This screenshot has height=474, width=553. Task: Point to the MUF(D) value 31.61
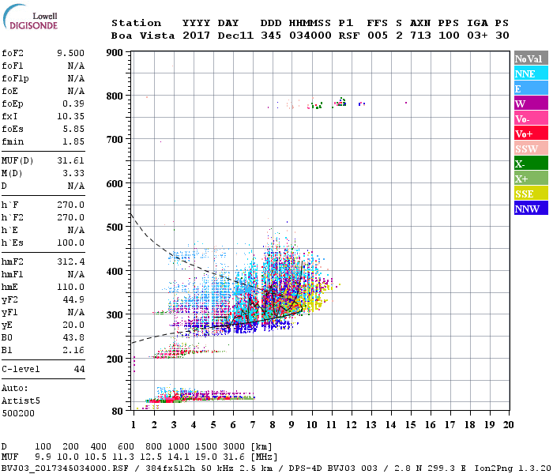point(70,160)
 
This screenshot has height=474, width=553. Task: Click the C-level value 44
point(79,369)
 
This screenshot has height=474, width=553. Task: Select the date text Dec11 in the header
point(235,36)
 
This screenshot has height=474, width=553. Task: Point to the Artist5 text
point(20,400)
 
